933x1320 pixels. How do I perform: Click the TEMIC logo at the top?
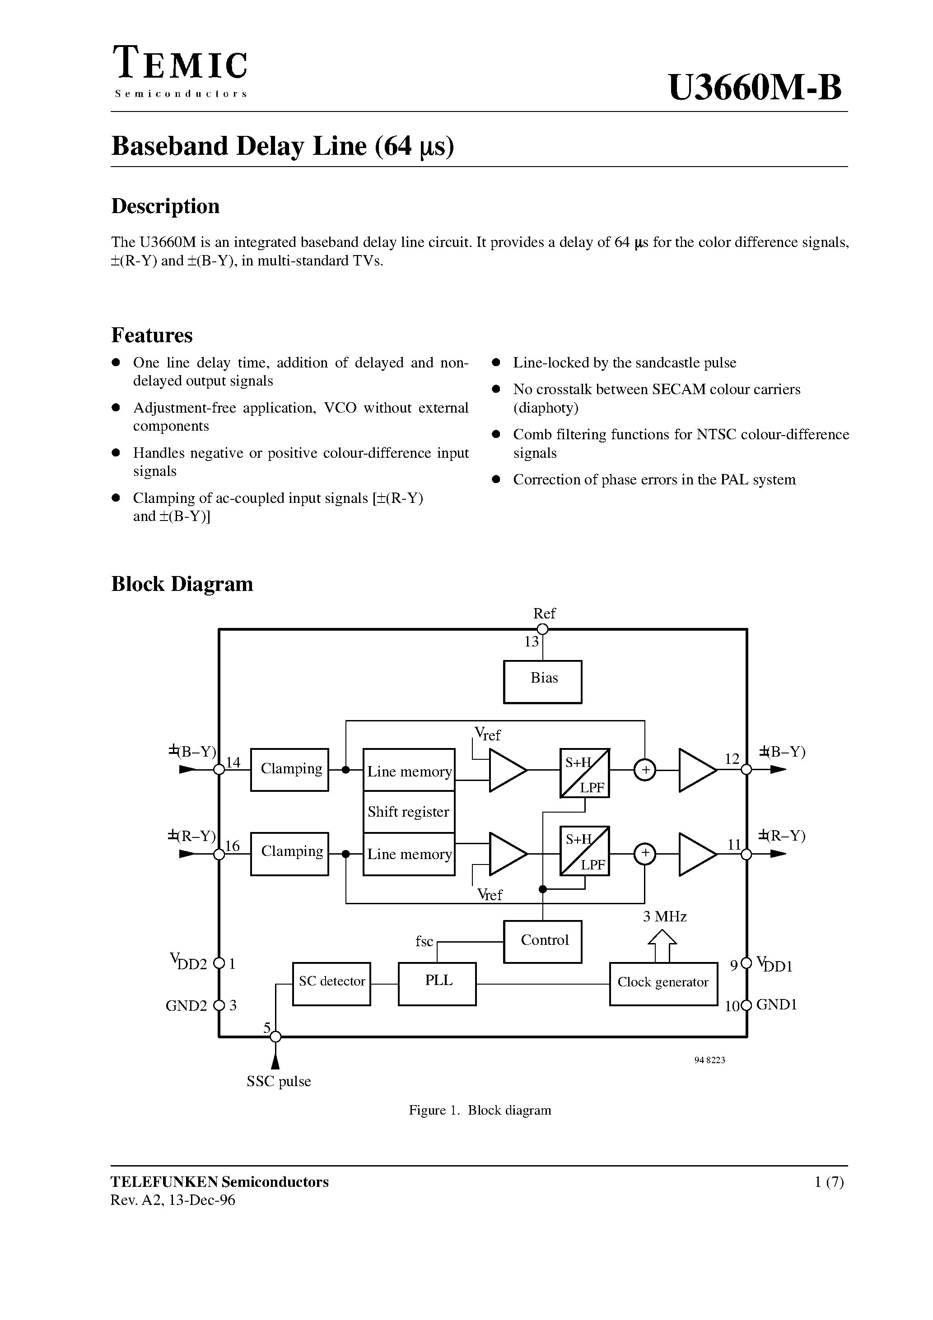[x=180, y=65]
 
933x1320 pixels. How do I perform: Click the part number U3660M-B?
[x=755, y=88]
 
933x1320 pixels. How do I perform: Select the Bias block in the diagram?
[x=542, y=681]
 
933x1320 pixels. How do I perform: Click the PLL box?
[x=437, y=984]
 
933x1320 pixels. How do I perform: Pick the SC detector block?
[x=331, y=984]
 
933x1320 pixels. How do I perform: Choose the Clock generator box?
[x=663, y=984]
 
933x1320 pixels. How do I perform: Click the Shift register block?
[x=408, y=812]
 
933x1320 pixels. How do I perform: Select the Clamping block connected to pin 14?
[x=289, y=769]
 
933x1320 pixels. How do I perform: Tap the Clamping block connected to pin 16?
[x=289, y=854]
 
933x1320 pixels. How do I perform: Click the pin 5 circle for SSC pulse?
[x=275, y=1036]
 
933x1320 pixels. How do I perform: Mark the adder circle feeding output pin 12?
[x=645, y=770]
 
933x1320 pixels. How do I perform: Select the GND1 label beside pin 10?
[x=777, y=1004]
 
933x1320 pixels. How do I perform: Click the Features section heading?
[x=152, y=335]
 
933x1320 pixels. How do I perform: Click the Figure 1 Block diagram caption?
[x=480, y=1110]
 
